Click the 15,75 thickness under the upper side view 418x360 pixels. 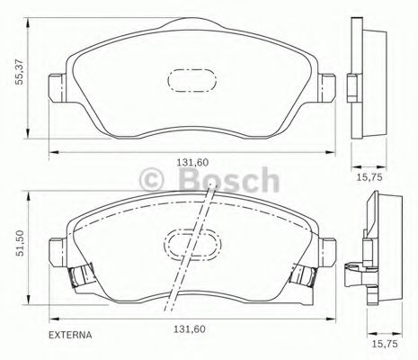[370, 176]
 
